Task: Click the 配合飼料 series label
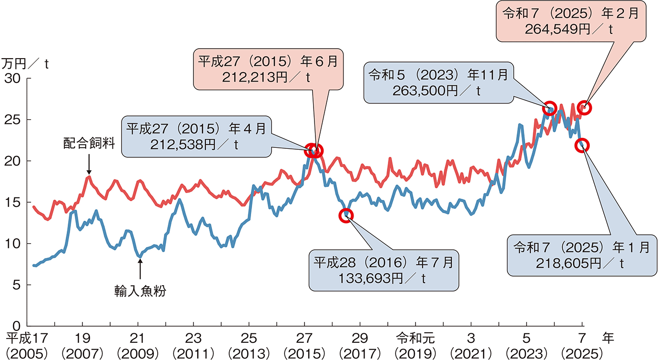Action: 89,144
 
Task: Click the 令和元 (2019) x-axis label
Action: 415,345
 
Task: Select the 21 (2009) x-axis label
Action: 138,345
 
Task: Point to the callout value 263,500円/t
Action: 436,91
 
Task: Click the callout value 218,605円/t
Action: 581,262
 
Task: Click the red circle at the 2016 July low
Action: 346,216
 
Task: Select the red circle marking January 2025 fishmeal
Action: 583,145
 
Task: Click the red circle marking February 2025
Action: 584,108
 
